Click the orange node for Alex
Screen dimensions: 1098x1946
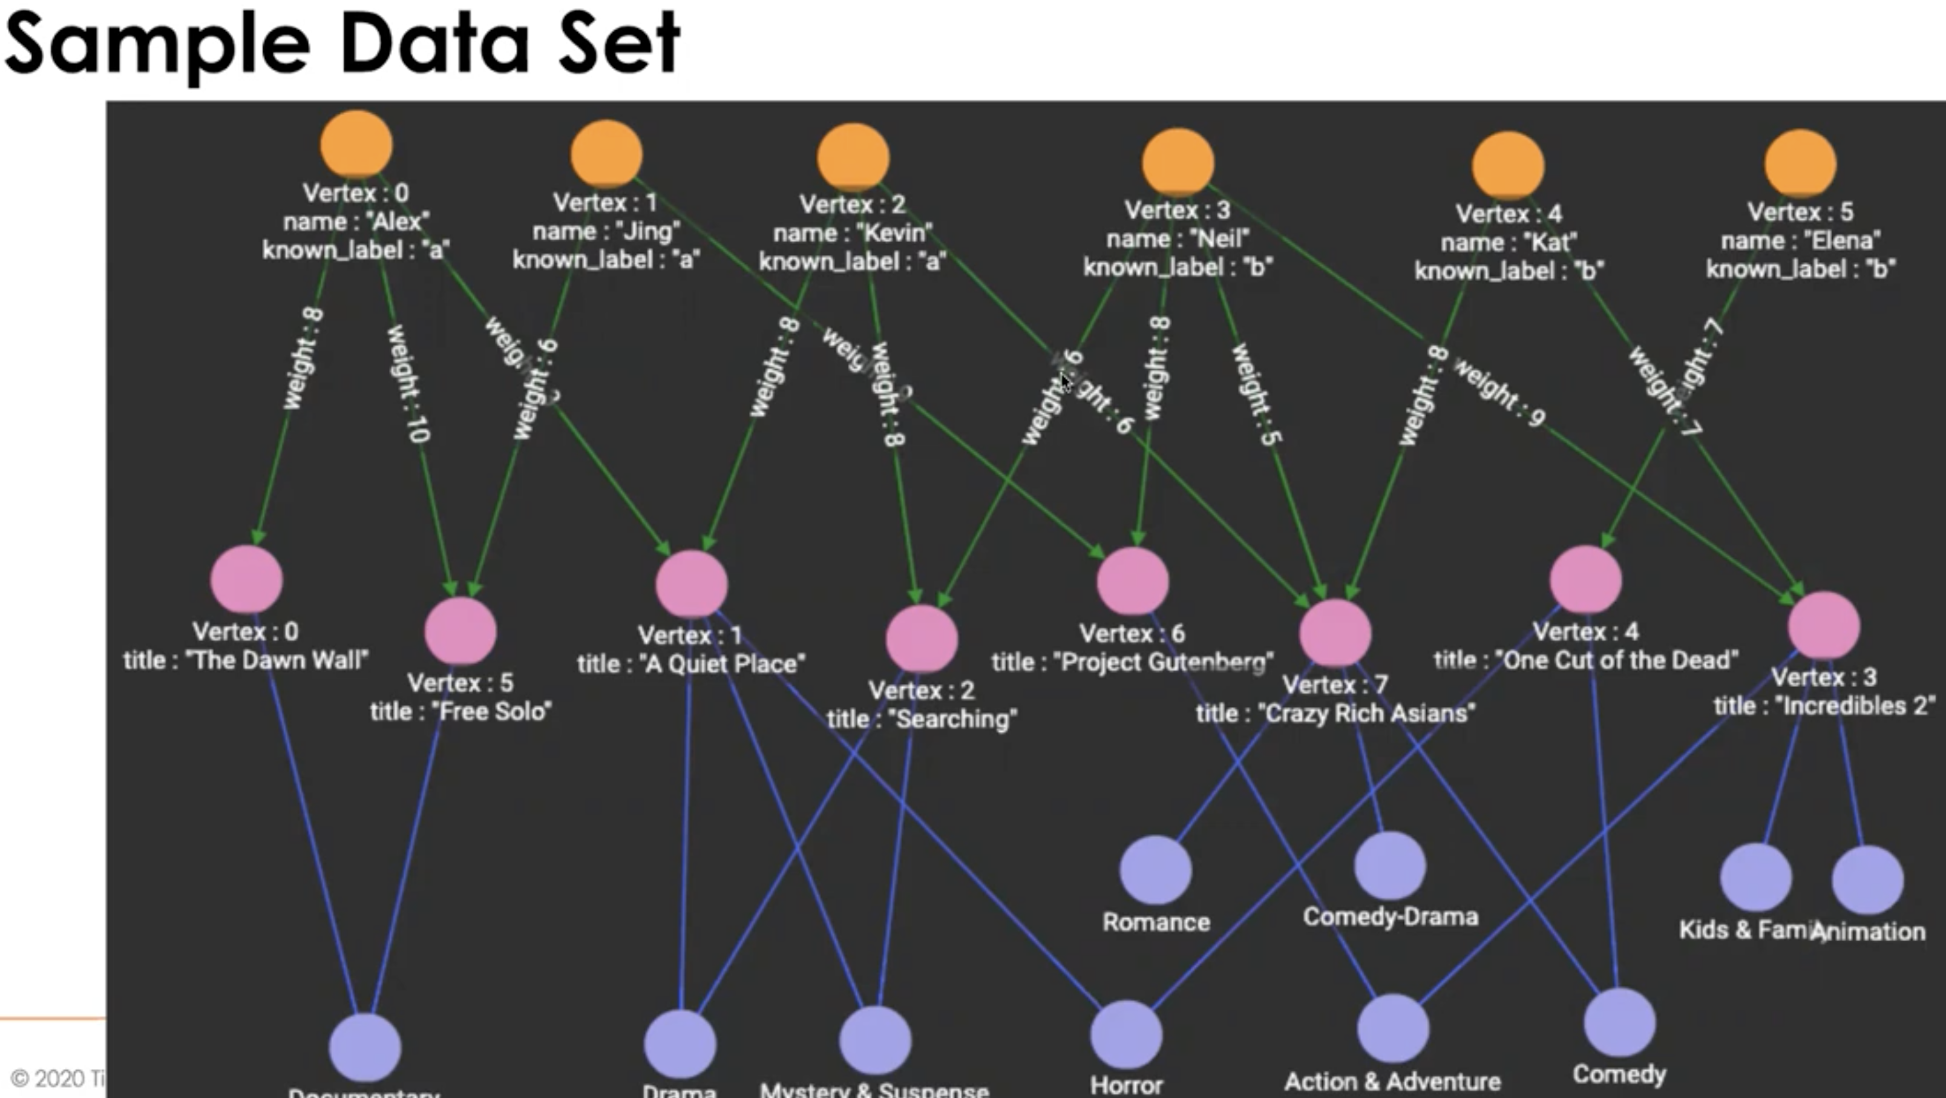[356, 144]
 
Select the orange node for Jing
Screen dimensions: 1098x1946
[606, 154]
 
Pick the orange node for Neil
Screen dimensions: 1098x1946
[1178, 162]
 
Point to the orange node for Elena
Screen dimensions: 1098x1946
[1800, 163]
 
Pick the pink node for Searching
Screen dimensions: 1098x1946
[922, 639]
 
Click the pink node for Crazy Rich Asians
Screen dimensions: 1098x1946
[1335, 633]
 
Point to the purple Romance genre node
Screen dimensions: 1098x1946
[1156, 870]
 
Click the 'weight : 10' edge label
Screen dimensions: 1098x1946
[408, 384]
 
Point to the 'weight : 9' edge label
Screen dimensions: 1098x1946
[1499, 393]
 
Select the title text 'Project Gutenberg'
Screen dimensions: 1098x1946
[1165, 663]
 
